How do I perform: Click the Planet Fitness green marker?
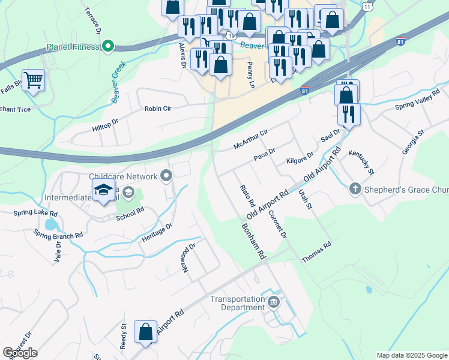pos(108,46)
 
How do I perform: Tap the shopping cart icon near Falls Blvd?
pos(33,80)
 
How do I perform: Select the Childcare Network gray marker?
pos(167,176)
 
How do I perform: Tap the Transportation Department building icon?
pos(274,301)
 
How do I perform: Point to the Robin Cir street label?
pos(158,109)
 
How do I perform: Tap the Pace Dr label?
pos(264,154)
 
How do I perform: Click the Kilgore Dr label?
pos(300,157)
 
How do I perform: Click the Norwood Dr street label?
pos(189,257)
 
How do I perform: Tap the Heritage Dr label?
pos(157,232)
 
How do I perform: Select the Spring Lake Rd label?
pos(37,214)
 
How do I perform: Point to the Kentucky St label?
pos(361,163)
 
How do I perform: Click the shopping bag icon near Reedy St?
pos(145,332)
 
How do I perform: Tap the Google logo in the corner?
pos(20,353)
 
